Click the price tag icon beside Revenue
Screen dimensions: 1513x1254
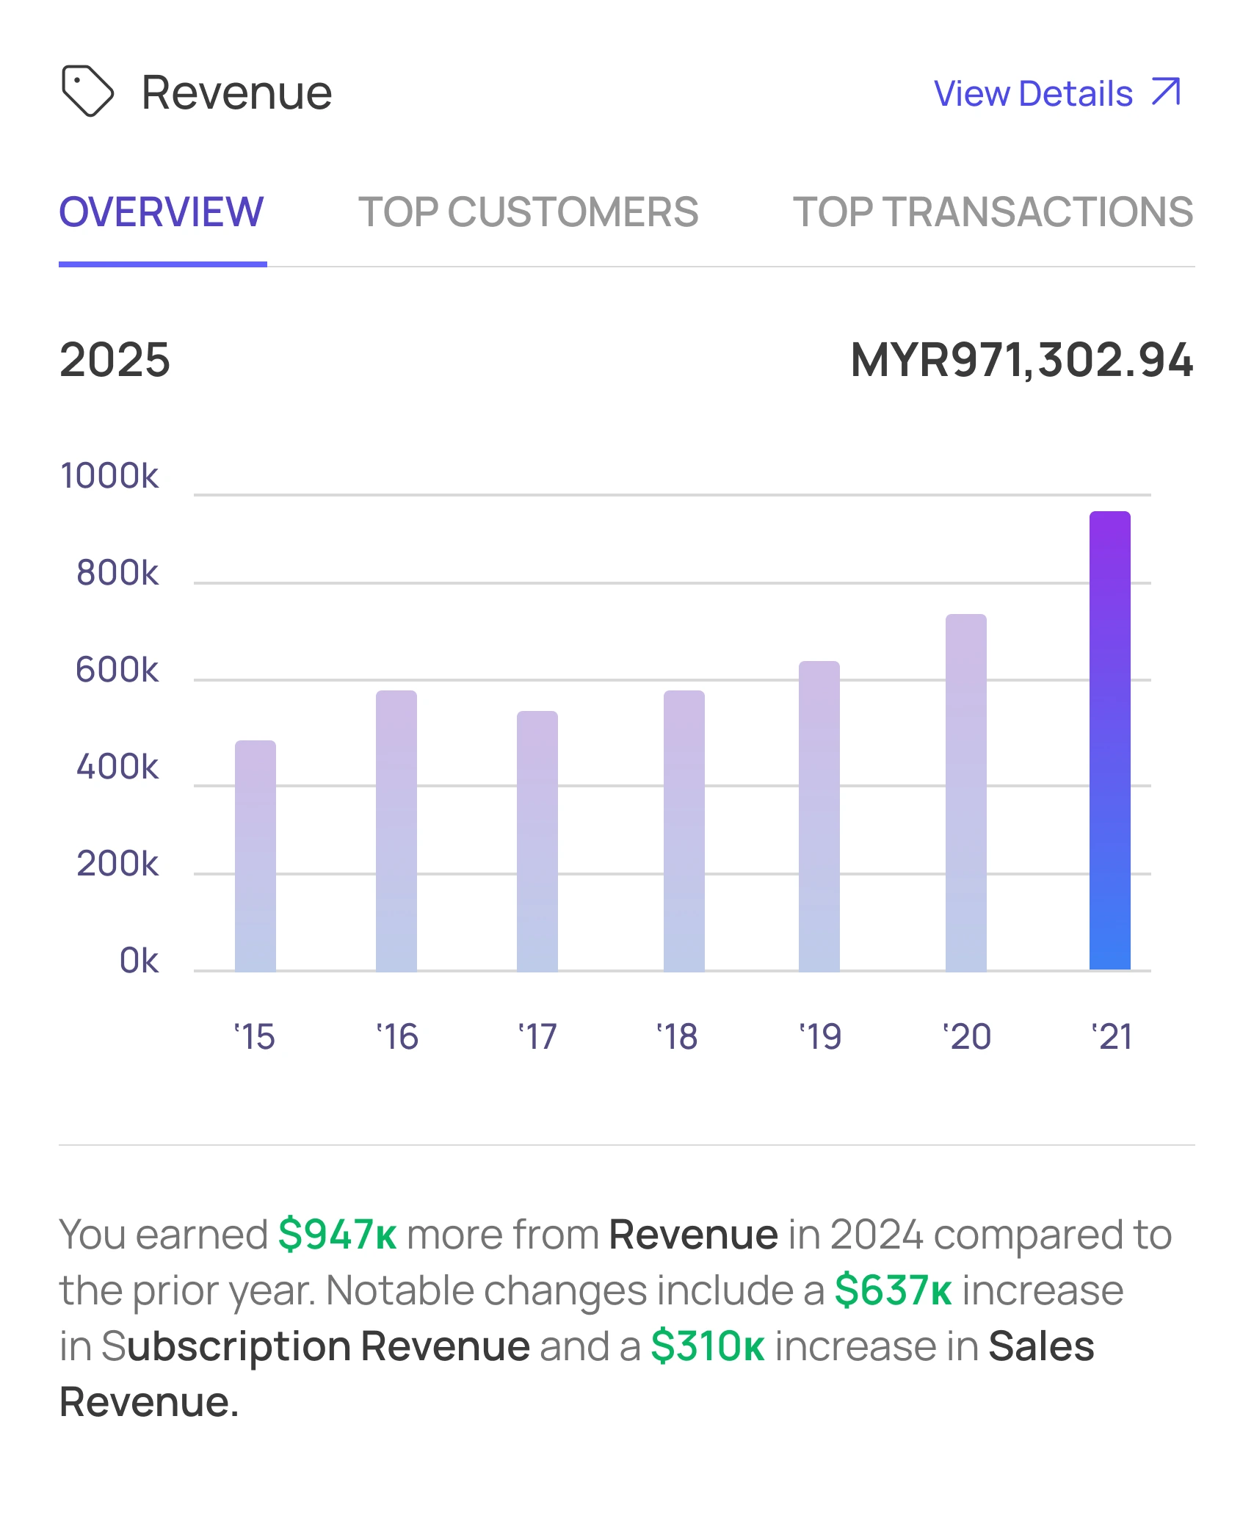87,92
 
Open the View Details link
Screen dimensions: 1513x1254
1057,93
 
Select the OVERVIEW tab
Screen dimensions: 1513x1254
162,212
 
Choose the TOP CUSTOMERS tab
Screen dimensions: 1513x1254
528,212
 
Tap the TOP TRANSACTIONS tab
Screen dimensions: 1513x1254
993,212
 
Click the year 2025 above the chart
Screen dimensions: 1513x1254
115,360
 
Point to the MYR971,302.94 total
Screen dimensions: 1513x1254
1021,360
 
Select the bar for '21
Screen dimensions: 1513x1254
1109,740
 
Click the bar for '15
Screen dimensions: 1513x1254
255,855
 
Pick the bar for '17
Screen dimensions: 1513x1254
537,840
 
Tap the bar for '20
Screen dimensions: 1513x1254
965,792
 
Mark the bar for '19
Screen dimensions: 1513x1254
819,815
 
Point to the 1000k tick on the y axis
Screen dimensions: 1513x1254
109,476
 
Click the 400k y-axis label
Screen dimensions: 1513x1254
117,767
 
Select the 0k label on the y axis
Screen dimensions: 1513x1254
139,961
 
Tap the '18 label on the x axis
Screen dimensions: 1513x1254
677,1037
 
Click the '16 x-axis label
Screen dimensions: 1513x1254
397,1037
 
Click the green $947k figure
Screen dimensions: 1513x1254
337,1235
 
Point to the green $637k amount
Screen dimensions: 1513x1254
893,1290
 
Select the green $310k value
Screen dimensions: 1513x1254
708,1346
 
